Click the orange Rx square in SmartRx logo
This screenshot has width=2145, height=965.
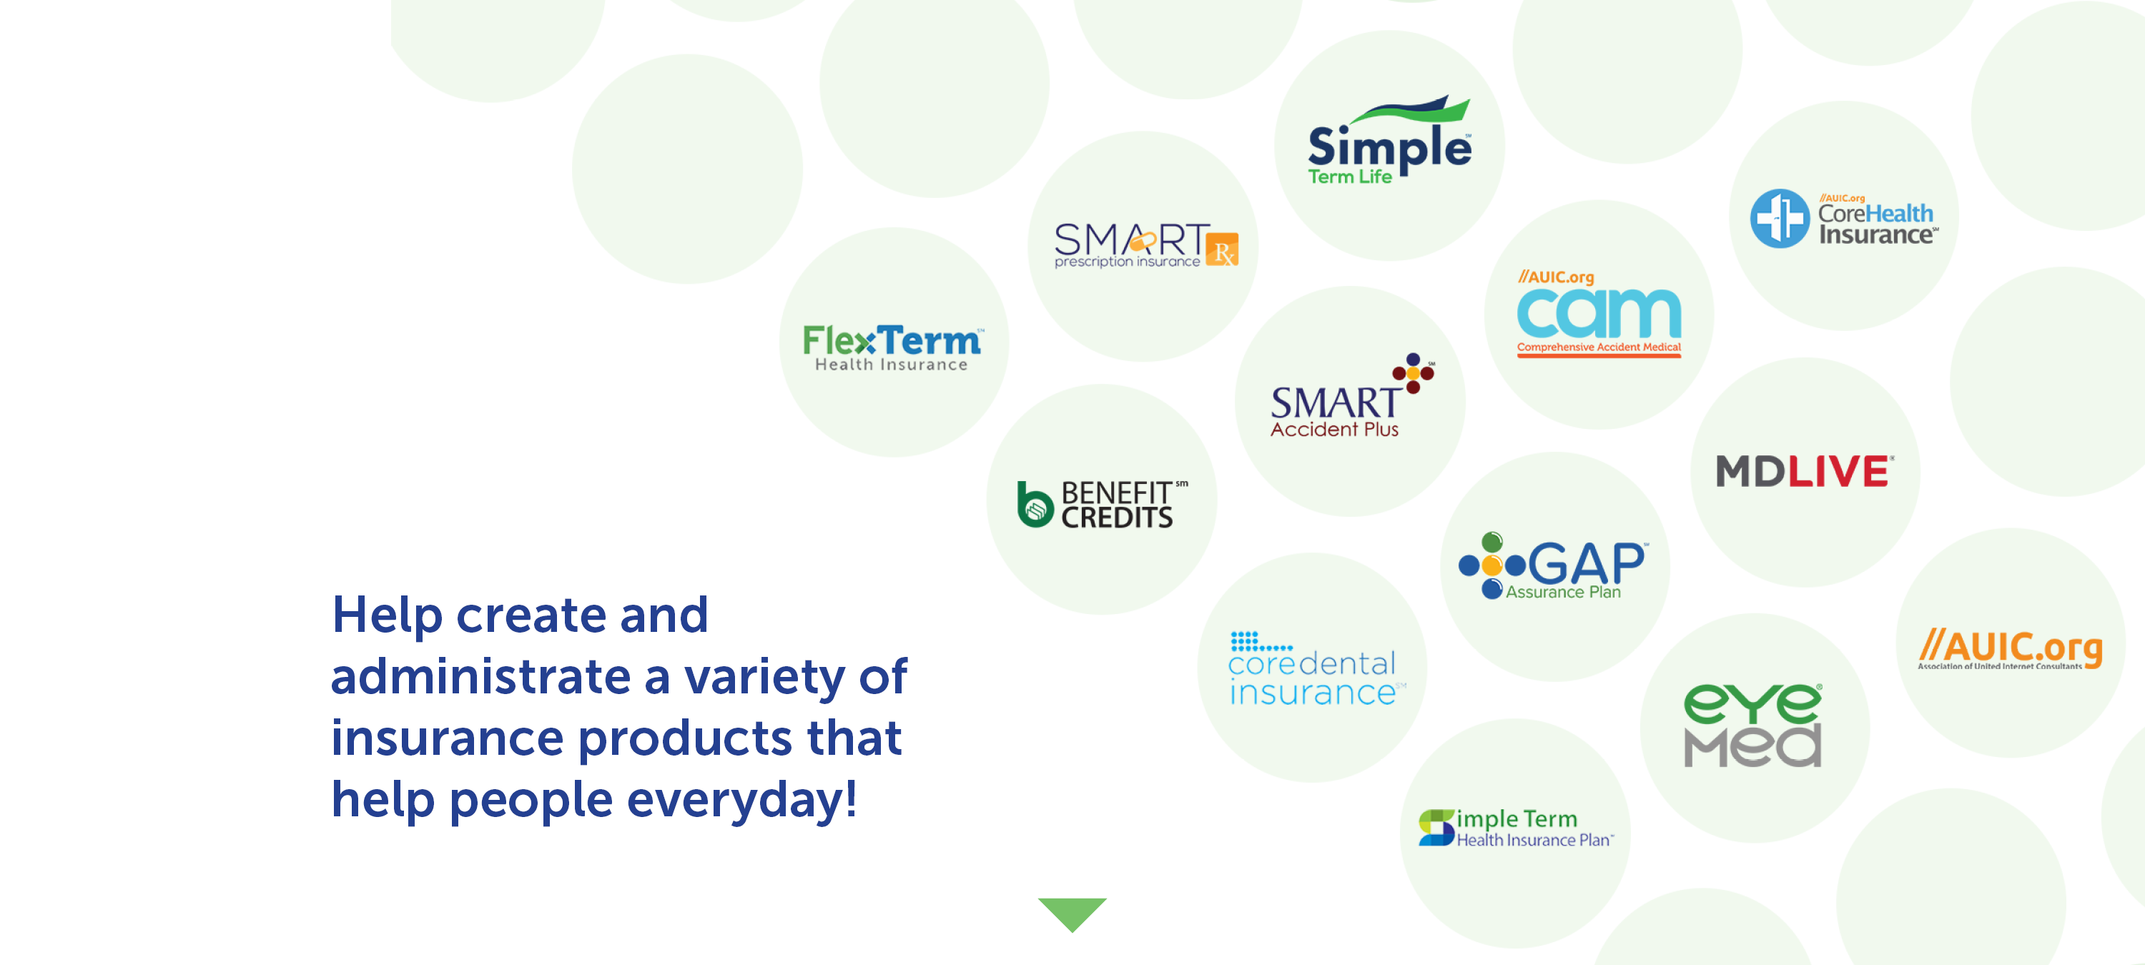point(1221,249)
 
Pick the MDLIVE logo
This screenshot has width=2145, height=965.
point(1805,470)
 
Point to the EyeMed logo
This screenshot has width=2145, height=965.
point(1752,724)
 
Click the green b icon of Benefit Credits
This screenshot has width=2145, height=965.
point(1035,504)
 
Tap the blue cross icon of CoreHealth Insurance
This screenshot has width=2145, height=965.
point(1780,218)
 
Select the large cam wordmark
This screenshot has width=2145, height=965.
point(1599,313)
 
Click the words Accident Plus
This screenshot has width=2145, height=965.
point(1334,429)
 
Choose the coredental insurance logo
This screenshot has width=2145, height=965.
point(1316,668)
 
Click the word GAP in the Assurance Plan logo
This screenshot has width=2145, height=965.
point(1587,564)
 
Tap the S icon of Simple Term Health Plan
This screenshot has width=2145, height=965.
point(1436,827)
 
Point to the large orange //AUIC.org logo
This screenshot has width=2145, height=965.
point(2010,648)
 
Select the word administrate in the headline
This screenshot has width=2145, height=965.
point(480,675)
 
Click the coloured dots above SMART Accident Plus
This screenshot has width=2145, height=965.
point(1414,373)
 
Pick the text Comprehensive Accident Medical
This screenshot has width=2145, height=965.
point(1599,347)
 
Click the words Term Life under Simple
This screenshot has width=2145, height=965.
point(1350,177)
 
